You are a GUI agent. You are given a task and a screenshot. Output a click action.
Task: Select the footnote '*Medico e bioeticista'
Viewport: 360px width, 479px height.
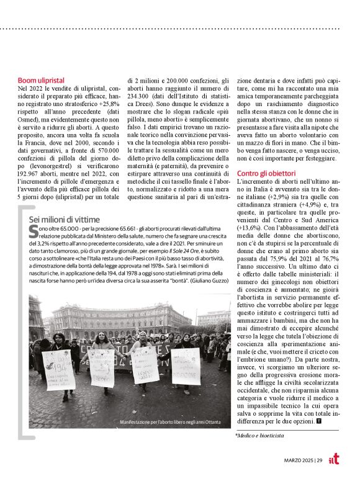point(259,436)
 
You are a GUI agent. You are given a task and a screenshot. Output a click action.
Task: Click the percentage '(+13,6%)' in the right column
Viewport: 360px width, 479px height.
point(250,228)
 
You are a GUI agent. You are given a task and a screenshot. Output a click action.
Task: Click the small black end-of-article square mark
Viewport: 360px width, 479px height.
point(318,421)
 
